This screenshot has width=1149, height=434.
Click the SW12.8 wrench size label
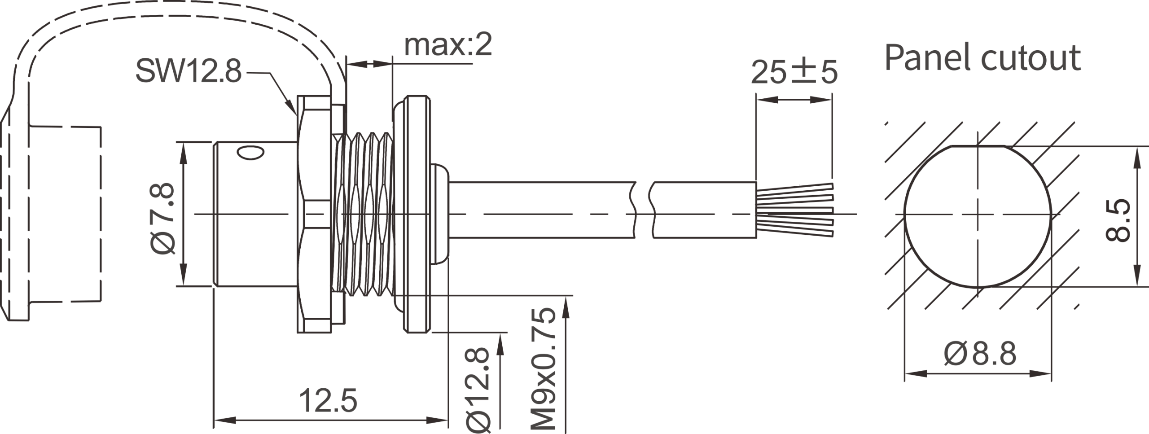coord(189,72)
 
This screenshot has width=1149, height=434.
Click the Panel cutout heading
coord(982,58)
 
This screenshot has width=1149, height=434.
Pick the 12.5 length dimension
coord(329,400)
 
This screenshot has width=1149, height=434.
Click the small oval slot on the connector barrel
coord(250,153)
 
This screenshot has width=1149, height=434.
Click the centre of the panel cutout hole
coord(978,215)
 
